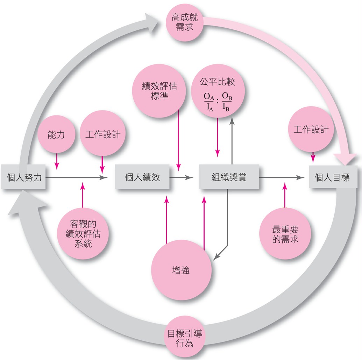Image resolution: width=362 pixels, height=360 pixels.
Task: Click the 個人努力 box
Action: point(23,177)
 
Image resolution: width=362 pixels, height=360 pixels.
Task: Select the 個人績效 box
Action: point(142,177)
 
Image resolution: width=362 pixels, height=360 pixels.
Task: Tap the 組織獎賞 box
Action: point(229,177)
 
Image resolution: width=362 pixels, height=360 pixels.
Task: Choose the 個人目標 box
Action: point(333,177)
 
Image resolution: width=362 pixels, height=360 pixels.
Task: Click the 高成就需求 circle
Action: point(184,22)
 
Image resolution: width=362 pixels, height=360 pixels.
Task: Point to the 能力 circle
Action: point(56,134)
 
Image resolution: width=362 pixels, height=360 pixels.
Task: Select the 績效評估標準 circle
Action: point(159,91)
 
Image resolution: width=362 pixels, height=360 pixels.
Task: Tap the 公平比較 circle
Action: point(218,91)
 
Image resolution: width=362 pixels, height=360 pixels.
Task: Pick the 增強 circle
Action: point(181,270)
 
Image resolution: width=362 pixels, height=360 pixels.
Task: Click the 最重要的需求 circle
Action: point(285,233)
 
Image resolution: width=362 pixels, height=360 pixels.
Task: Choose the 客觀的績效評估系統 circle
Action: point(83,233)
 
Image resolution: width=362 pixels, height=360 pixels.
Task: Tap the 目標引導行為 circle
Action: point(184,338)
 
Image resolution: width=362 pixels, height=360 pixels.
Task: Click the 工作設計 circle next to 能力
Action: point(102,133)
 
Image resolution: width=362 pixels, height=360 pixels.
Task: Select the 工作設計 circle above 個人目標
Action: point(311,129)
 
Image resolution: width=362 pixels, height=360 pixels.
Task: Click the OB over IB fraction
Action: point(227,102)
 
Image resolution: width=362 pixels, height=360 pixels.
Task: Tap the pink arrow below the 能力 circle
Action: point(57,161)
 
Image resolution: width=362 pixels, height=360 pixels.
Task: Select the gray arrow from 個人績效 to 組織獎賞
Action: point(182,177)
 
